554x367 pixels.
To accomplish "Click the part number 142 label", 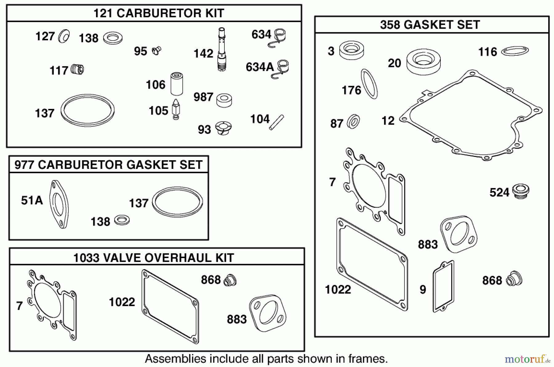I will (x=203, y=54).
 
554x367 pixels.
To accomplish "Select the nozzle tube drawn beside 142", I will (x=222, y=49).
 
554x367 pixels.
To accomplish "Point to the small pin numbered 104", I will (x=276, y=122).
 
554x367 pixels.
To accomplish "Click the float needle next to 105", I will (x=176, y=110).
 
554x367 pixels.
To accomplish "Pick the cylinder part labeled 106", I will (x=177, y=84).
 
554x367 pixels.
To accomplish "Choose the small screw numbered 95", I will (x=157, y=50).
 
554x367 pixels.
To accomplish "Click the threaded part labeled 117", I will (x=77, y=69).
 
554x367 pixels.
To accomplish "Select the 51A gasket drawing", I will (x=59, y=204).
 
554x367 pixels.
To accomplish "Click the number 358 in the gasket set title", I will (x=390, y=25).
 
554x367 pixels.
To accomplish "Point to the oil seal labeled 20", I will (x=423, y=62).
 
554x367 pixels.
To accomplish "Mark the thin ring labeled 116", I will (x=515, y=51).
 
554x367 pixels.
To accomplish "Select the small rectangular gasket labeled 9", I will (x=444, y=286).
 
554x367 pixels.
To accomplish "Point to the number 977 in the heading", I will (x=24, y=165).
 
